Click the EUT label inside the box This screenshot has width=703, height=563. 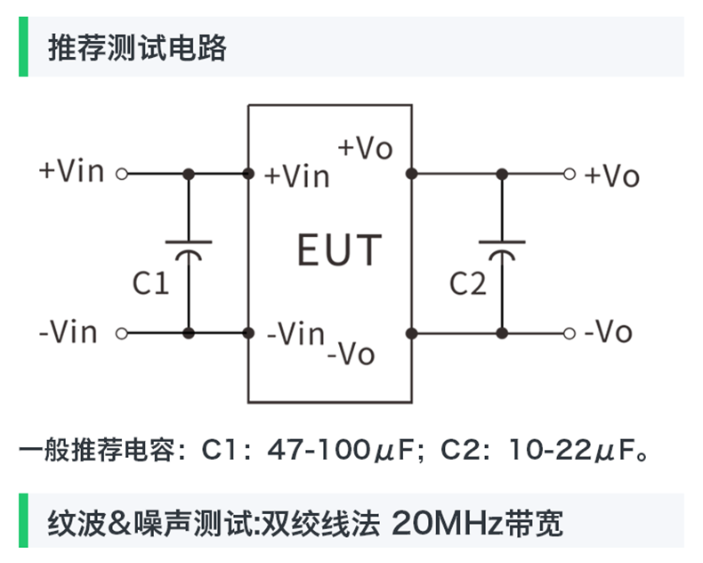[339, 250]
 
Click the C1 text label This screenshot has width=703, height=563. [150, 284]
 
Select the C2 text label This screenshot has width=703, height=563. [467, 284]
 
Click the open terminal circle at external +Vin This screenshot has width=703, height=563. [123, 174]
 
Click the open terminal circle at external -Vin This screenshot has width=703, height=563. [123, 333]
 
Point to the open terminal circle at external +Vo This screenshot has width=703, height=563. [570, 174]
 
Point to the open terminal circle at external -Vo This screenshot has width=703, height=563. [570, 333]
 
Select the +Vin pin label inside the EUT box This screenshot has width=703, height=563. [296, 176]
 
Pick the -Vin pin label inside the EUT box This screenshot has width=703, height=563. [295, 335]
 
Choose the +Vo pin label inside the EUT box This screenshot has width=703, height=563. [365, 148]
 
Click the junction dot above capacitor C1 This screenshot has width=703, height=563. [188, 174]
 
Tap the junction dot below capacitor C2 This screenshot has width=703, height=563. [501, 333]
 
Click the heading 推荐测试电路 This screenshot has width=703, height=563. [138, 47]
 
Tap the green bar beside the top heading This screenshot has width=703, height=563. [23, 48]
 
